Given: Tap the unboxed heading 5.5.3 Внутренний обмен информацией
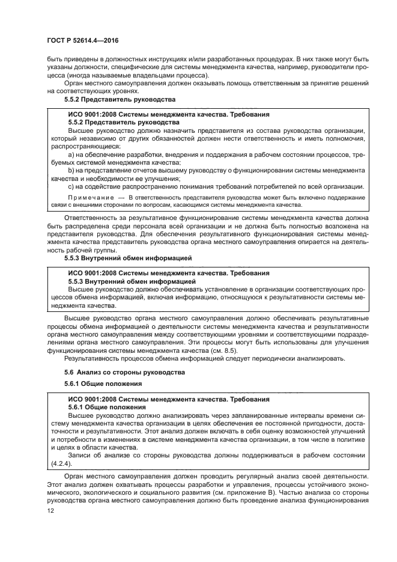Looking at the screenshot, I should (127, 258).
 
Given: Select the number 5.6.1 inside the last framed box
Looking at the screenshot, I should (77, 407).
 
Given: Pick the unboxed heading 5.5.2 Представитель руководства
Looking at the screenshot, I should (120, 99).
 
